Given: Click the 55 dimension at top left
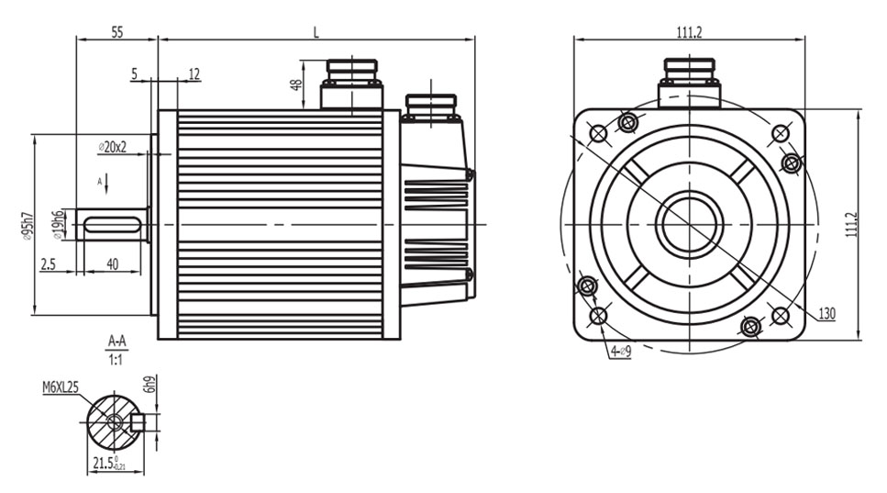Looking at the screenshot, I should tap(116, 31).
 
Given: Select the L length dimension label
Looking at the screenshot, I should tap(316, 31).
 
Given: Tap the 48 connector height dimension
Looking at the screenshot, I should tap(295, 84).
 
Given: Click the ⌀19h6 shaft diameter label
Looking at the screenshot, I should tap(58, 224).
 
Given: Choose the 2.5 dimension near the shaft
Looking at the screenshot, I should tap(49, 264).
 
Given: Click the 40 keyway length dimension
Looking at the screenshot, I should tap(112, 264).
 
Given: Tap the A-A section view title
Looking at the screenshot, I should tap(116, 341).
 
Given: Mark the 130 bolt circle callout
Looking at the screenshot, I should tap(826, 314).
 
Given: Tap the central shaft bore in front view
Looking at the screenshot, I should tap(689, 224).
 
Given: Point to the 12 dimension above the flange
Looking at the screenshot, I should tap(194, 73).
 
